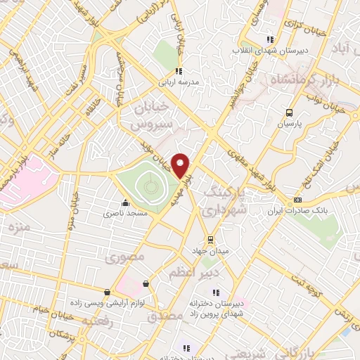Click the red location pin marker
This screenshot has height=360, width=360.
click(x=181, y=166)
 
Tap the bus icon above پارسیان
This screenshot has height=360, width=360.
click(x=288, y=112)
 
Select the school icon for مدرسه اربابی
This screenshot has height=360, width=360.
click(x=179, y=71)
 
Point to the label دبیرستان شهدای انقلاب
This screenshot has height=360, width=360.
click(x=269, y=51)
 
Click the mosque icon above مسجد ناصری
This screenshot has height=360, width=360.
click(x=125, y=203)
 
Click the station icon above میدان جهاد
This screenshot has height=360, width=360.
click(x=209, y=239)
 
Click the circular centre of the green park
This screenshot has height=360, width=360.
click(x=150, y=186)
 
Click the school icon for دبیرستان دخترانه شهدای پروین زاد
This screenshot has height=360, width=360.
click(x=217, y=292)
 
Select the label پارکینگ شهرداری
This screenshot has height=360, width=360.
click(x=226, y=200)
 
